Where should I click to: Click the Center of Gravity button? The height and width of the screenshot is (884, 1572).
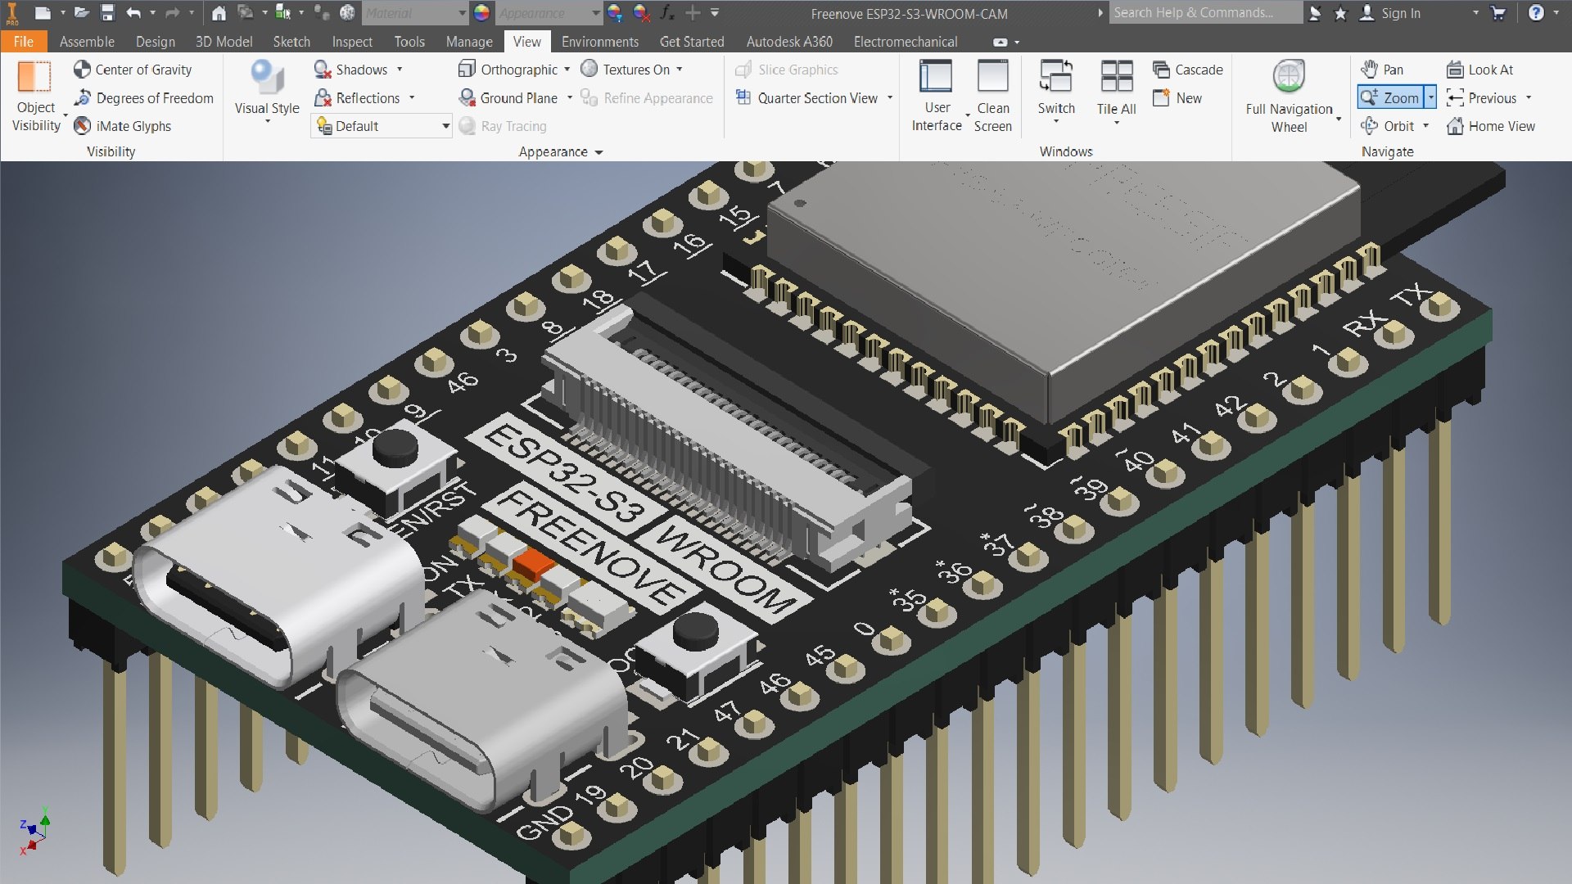tap(133, 70)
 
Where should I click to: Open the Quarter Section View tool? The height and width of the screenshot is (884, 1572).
tap(815, 98)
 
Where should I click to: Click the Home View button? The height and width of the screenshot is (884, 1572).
tap(1491, 126)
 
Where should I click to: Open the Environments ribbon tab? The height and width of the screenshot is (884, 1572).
tap(599, 42)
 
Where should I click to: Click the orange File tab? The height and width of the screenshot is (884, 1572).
tap(23, 42)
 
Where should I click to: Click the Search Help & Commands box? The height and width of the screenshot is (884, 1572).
tap(1204, 13)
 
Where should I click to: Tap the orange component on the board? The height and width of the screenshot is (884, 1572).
tap(534, 564)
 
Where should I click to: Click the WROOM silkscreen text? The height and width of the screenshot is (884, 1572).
tap(725, 569)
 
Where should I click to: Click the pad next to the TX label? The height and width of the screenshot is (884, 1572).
tap(1439, 308)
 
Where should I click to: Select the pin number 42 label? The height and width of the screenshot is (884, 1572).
tap(1230, 407)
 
